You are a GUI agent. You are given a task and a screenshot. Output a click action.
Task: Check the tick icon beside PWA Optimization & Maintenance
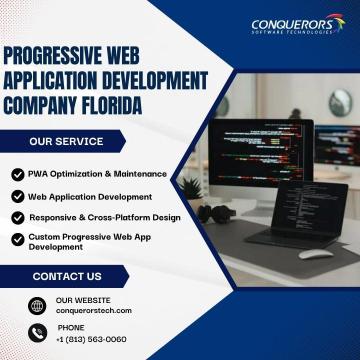(17, 174)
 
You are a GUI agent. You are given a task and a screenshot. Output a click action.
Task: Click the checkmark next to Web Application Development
(17, 196)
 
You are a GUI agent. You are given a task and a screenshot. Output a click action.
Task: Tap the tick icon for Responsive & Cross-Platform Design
(17, 216)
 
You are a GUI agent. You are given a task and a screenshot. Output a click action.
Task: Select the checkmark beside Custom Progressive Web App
(17, 237)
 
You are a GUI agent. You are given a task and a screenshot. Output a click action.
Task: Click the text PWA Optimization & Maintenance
(96, 174)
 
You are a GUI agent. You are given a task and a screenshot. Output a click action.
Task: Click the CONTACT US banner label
(67, 275)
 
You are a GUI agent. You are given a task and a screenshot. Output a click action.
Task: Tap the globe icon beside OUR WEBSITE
(37, 305)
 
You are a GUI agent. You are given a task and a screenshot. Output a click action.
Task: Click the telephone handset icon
(37, 334)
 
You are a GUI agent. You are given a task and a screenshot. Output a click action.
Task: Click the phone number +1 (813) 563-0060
(92, 339)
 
